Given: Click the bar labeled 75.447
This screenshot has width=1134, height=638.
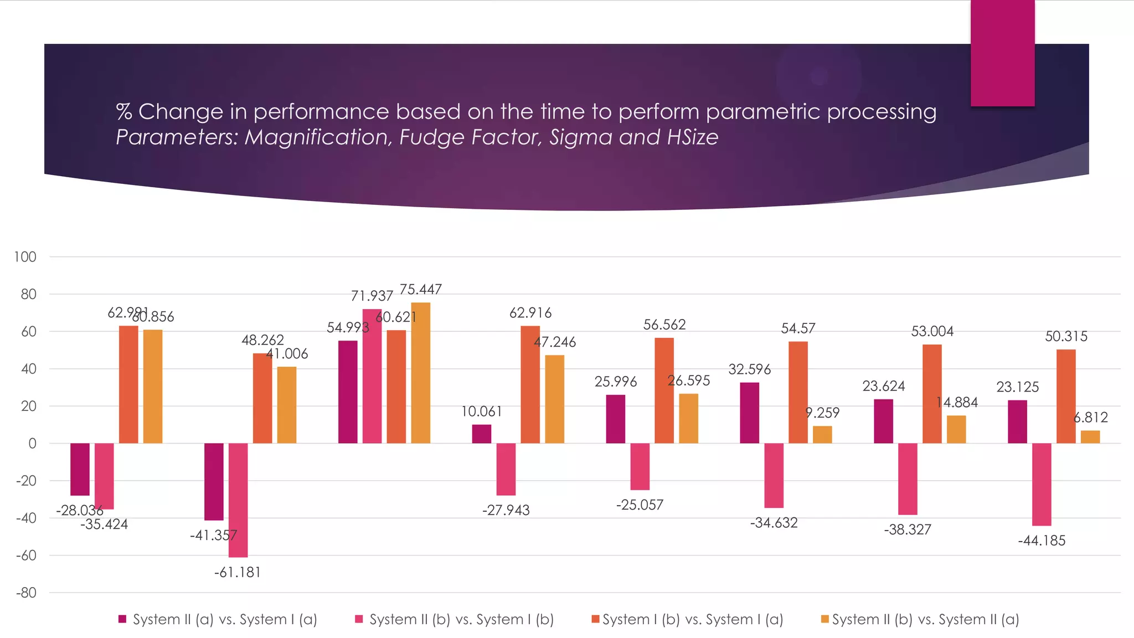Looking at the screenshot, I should tap(420, 373).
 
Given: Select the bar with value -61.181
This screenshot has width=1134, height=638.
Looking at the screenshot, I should tap(238, 500).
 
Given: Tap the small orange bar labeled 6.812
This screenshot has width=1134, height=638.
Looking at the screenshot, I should tap(1090, 437).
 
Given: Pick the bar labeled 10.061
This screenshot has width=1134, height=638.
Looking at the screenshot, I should tap(482, 434).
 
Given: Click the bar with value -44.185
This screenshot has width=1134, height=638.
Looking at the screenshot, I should tap(1042, 484).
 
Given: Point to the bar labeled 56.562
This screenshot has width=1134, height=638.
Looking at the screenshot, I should tap(664, 390).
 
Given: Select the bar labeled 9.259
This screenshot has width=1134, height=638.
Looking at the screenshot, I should tap(822, 435).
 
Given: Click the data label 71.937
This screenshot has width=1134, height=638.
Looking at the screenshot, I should tap(372, 296).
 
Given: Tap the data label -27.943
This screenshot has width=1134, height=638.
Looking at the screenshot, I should tap(506, 510).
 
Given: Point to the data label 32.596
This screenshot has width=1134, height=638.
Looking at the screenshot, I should tap(749, 369).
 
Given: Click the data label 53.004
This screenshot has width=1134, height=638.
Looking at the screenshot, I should tap(932, 332).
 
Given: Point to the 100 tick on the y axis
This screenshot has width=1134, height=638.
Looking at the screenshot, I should tap(25, 257).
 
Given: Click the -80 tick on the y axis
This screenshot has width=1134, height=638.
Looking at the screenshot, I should tap(25, 593).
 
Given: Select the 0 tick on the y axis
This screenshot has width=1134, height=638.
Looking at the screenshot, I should tap(32, 444).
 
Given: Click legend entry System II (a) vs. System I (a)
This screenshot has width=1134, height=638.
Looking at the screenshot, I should tap(225, 619).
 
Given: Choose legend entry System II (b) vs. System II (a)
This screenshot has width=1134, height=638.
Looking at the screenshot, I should tap(925, 619).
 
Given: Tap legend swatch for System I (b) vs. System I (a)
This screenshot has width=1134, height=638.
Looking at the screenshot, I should tap(596, 619).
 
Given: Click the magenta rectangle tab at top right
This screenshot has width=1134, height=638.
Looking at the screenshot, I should tap(1002, 53).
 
